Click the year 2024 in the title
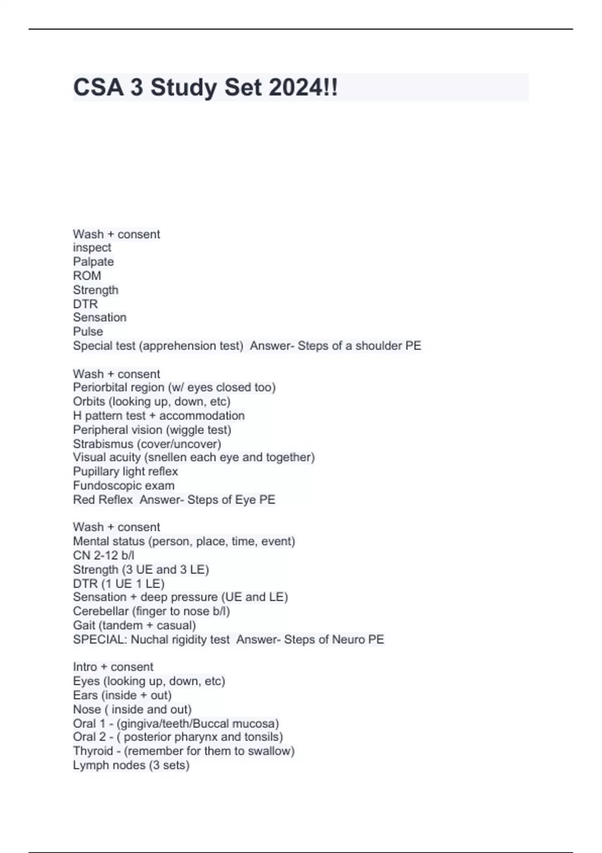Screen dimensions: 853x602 pyautogui.click(x=296, y=88)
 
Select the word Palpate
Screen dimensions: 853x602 pyautogui.click(x=93, y=261)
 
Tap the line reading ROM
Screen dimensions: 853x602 pyautogui.click(x=87, y=275)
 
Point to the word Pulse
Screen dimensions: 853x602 pyautogui.click(x=88, y=331)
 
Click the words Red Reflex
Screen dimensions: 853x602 pyautogui.click(x=103, y=499)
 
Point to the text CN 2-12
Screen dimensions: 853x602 pyautogui.click(x=95, y=555)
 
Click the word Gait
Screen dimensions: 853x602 pyautogui.click(x=84, y=625)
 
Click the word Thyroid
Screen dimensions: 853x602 pyautogui.click(x=93, y=751)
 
